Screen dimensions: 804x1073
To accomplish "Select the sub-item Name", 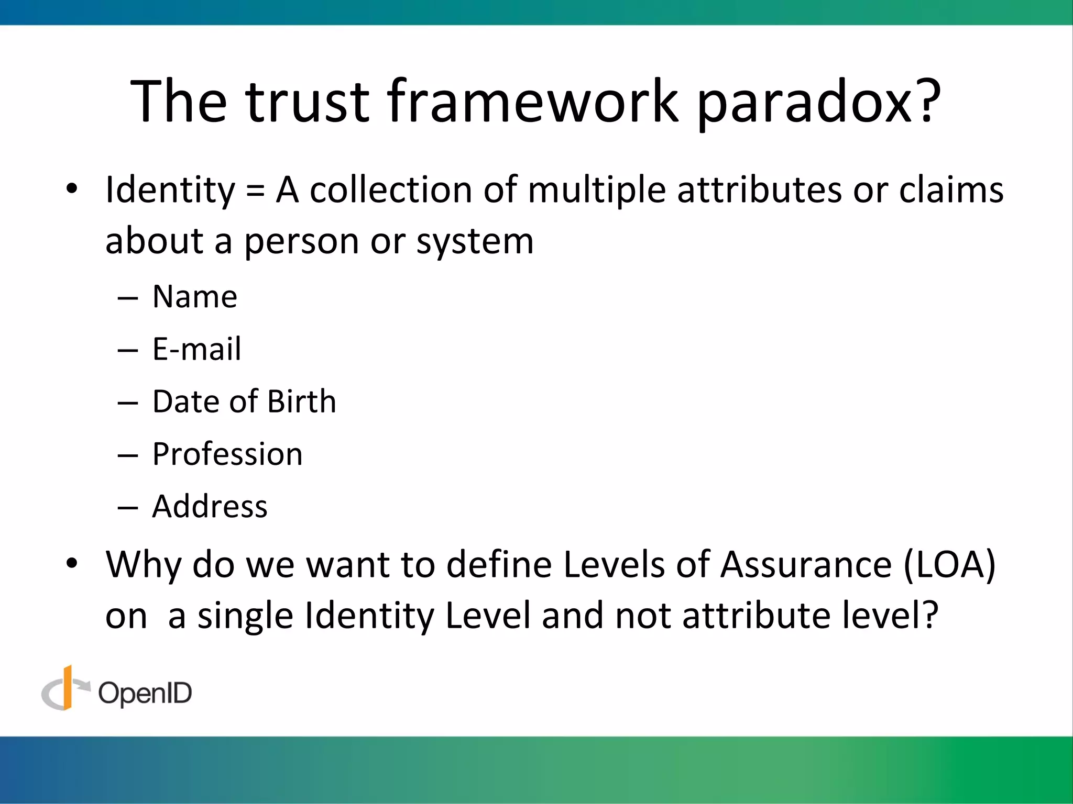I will pyautogui.click(x=195, y=297).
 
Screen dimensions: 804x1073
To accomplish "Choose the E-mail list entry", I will pyautogui.click(x=197, y=349).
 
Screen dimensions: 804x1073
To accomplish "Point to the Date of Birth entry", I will pyautogui.click(x=244, y=401).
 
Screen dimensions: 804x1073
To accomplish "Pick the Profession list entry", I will pyautogui.click(x=227, y=454).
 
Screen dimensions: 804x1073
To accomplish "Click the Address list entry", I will pyautogui.click(x=210, y=506).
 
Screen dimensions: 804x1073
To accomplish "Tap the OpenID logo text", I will pyautogui.click(x=145, y=694).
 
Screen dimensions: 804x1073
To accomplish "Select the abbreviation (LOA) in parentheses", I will pyautogui.click(x=949, y=565).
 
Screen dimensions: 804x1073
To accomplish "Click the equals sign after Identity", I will pyautogui.click(x=255, y=190).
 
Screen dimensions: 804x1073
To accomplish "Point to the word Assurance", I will pyautogui.click(x=806, y=565).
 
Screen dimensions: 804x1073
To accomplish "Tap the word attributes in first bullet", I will pyautogui.click(x=759, y=189).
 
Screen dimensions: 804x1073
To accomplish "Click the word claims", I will pyautogui.click(x=951, y=189).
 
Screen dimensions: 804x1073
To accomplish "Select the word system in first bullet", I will pyautogui.click(x=475, y=242).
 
